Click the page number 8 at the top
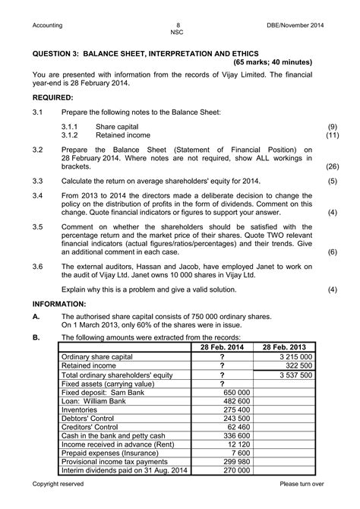[x=179, y=25]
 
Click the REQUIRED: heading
[x=52, y=98]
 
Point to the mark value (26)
[x=332, y=165]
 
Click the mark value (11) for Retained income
[x=332, y=134]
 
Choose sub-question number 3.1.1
[x=72, y=125]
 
